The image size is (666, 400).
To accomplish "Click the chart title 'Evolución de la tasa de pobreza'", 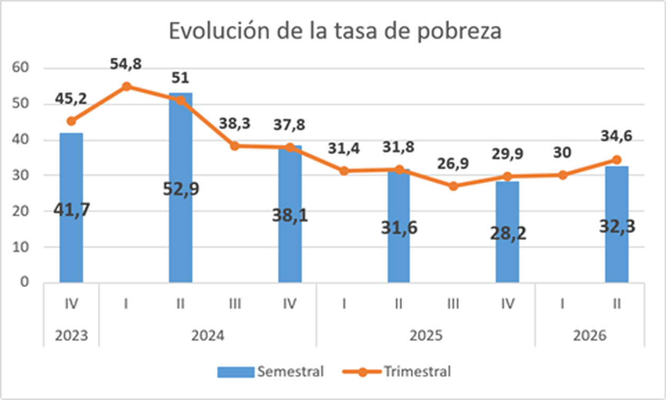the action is (x=335, y=31).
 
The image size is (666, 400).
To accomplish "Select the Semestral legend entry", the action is (x=270, y=372).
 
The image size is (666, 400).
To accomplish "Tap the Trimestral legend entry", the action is (x=397, y=372).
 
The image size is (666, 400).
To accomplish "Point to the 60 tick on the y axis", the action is (x=20, y=68).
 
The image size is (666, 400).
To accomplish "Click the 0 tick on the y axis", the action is (x=24, y=282).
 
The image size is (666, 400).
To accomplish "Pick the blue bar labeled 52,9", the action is (x=181, y=188).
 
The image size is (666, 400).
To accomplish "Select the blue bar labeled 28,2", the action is (x=507, y=232).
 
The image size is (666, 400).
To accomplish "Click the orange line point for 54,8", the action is (x=127, y=87).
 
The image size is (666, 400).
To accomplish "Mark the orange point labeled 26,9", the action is (x=453, y=187).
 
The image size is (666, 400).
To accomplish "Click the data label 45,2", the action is (x=71, y=99).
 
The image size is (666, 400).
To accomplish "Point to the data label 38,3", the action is (x=235, y=124).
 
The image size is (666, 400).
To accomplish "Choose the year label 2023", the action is (x=71, y=336).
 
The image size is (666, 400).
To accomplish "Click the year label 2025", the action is (x=426, y=336).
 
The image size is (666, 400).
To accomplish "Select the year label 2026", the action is (x=589, y=336).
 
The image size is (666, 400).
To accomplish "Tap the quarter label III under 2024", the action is (x=235, y=304).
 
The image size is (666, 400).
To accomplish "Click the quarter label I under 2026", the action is (x=562, y=304).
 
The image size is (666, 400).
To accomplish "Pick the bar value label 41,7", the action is (x=72, y=210).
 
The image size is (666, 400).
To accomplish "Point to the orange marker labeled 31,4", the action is (x=344, y=171).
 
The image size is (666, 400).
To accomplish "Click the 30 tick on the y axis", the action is (x=20, y=175).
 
